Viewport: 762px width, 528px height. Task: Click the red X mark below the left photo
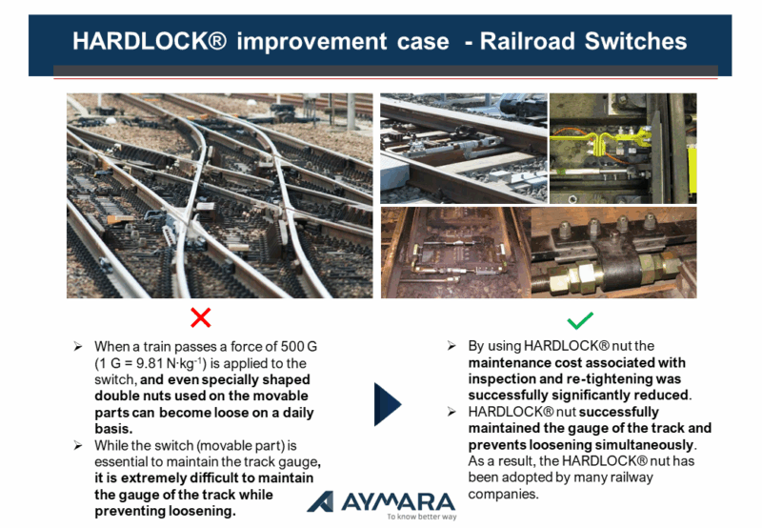pyautogui.click(x=201, y=317)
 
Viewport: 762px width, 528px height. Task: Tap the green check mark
pyautogui.click(x=580, y=320)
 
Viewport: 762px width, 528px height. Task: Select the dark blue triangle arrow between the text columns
pyautogui.click(x=388, y=404)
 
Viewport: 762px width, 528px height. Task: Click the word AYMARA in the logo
pyautogui.click(x=398, y=501)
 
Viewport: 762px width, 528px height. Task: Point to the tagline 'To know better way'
pyautogui.click(x=422, y=517)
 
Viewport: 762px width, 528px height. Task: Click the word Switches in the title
pyautogui.click(x=635, y=41)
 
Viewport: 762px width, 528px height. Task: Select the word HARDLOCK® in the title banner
pyautogui.click(x=150, y=41)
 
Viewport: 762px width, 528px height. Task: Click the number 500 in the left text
pyautogui.click(x=292, y=347)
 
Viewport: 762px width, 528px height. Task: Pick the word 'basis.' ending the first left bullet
pyautogui.click(x=113, y=429)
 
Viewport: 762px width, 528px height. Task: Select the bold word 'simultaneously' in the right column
pyautogui.click(x=645, y=445)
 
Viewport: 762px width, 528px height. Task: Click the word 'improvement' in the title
pyautogui.click(x=311, y=41)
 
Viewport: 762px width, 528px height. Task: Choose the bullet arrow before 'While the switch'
pyautogui.click(x=78, y=445)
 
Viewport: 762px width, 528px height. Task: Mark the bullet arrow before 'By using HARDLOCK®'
pyautogui.click(x=451, y=346)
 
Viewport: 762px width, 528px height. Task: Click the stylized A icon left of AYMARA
pyautogui.click(x=321, y=501)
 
